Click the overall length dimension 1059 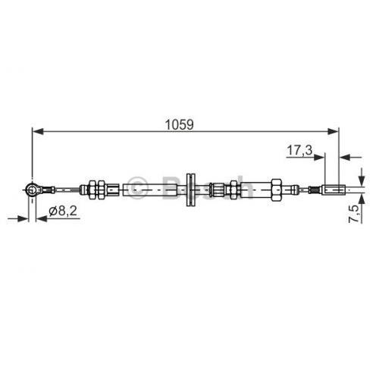[x=180, y=124]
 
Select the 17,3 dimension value [x=299, y=151]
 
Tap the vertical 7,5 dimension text [x=354, y=214]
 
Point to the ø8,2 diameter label [x=63, y=211]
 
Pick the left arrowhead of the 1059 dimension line [x=39, y=131]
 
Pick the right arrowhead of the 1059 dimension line [x=332, y=131]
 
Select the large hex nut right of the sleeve [x=276, y=189]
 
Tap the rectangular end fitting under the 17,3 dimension [x=334, y=189]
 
